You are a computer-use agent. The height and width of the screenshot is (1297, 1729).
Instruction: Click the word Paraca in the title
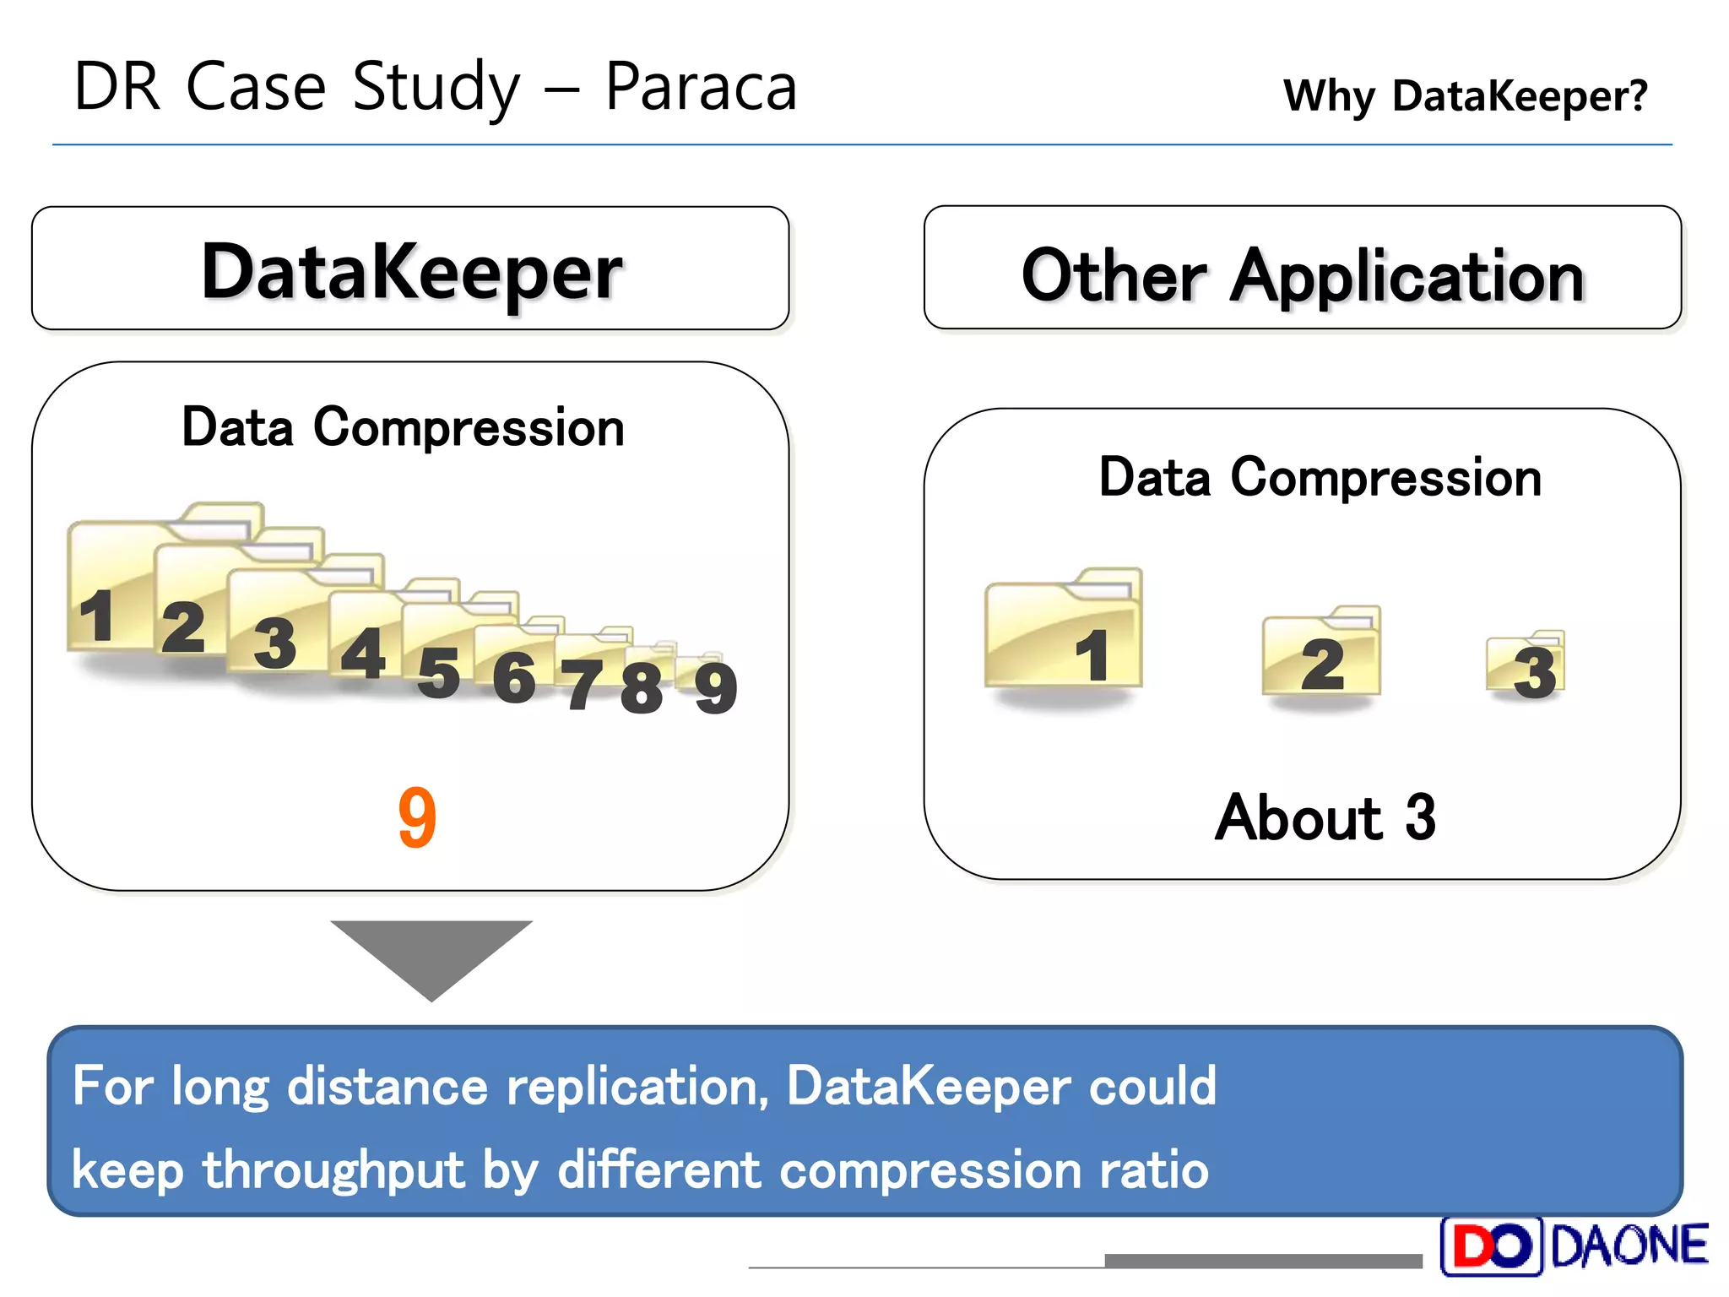(x=701, y=87)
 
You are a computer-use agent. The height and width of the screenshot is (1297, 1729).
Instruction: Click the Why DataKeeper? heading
(x=1465, y=95)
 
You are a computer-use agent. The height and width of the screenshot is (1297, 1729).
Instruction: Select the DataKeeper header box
(x=410, y=269)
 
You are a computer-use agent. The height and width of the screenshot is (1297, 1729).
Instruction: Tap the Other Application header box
(x=1302, y=269)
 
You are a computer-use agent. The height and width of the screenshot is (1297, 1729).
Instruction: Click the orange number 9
(x=417, y=817)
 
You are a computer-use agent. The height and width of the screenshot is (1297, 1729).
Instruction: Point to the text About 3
(x=1325, y=817)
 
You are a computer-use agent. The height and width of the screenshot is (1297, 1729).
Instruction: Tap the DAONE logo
(x=1574, y=1246)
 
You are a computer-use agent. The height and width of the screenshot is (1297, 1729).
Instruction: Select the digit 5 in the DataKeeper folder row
(x=439, y=673)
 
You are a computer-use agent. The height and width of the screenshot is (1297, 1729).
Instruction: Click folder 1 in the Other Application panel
(x=1064, y=633)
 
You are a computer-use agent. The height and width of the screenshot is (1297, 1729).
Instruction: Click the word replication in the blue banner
(x=637, y=1086)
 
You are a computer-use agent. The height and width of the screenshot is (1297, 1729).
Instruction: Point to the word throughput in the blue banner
(x=333, y=1170)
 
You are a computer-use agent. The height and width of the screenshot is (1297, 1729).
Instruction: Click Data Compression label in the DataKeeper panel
(x=403, y=427)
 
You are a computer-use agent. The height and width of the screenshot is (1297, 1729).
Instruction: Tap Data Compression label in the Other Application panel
(x=1320, y=478)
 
